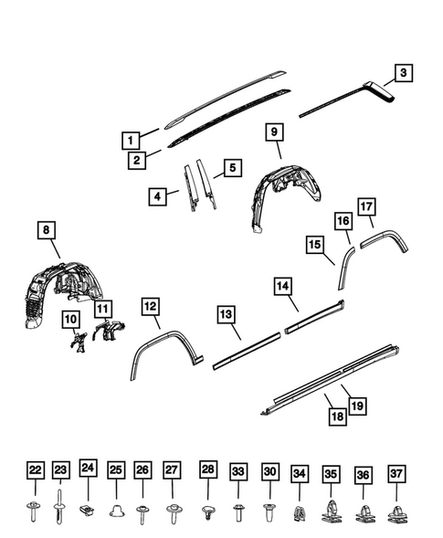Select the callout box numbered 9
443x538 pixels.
272,132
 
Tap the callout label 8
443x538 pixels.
47,231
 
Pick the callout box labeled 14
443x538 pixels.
286,288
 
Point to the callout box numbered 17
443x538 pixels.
366,206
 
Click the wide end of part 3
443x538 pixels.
378,90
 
